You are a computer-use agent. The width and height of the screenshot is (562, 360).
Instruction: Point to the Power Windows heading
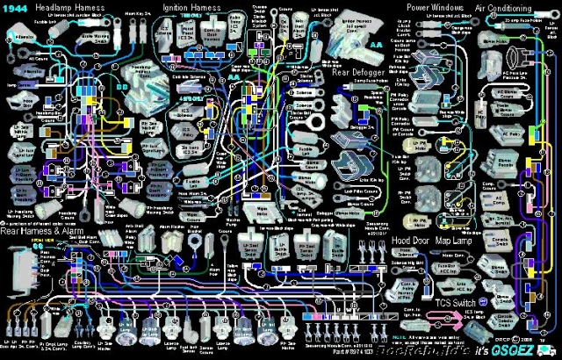click(436, 7)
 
